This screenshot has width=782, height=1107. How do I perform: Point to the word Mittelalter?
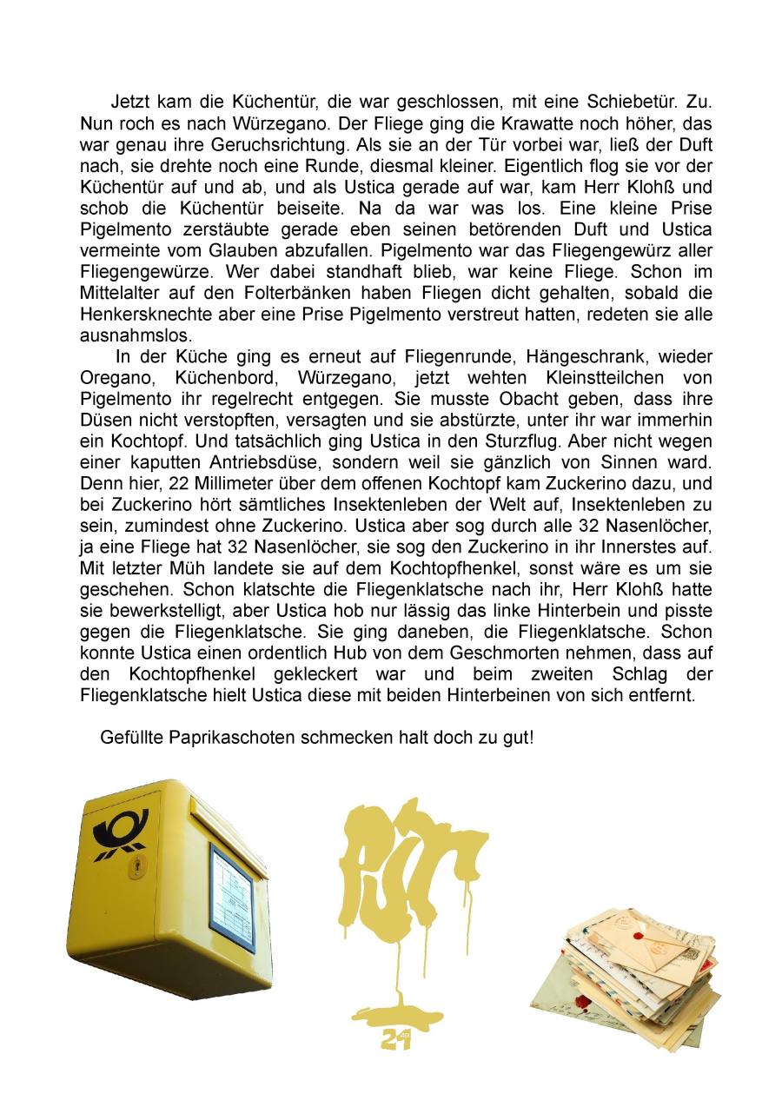coord(118,293)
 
